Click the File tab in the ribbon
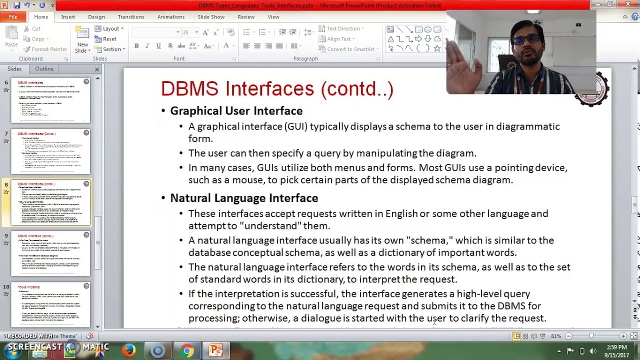(13, 17)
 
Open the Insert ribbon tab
(68, 17)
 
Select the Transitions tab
(131, 17)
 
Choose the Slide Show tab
(211, 17)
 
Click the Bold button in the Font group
(136, 46)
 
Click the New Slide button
(82, 40)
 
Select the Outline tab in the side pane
(44, 69)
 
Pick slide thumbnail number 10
(50, 304)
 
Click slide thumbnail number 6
(50, 100)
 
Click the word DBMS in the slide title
(189, 89)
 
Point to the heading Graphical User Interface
(236, 111)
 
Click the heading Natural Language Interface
(244, 198)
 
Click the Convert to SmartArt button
(350, 49)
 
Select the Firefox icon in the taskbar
(129, 350)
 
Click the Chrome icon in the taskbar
(187, 350)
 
